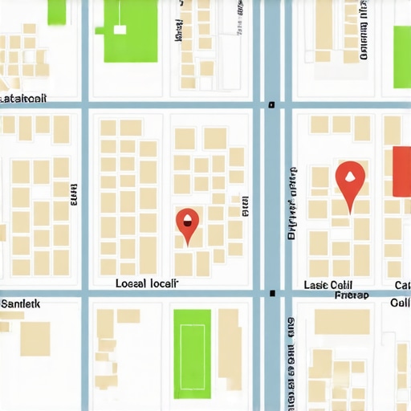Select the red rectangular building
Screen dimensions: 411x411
click(x=401, y=170)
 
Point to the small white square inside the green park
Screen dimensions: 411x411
click(x=120, y=30)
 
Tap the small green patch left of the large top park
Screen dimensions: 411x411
click(x=56, y=11)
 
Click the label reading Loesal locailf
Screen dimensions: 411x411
click(x=147, y=283)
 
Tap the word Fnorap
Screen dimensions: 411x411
click(x=352, y=295)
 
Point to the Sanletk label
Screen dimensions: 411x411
click(x=20, y=304)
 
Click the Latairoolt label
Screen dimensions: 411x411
click(x=24, y=98)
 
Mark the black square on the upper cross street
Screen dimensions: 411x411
click(x=272, y=104)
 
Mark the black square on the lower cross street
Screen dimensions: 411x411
click(x=273, y=293)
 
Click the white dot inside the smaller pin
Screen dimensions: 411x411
click(x=187, y=218)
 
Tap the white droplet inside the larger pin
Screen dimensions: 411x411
click(x=349, y=175)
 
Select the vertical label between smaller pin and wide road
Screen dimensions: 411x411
click(x=244, y=207)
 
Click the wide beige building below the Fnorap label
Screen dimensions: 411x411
click(x=342, y=321)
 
